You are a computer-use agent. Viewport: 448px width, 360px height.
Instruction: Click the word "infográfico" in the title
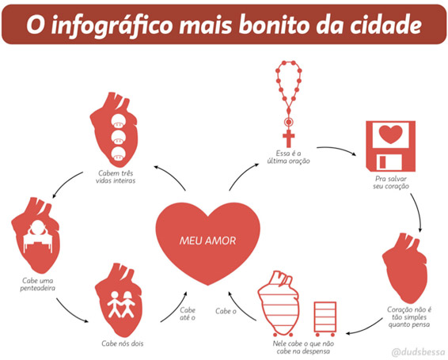(112, 25)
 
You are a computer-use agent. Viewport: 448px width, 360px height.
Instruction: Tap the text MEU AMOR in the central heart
(207, 241)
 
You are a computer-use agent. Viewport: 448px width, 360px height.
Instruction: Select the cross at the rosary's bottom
(289, 138)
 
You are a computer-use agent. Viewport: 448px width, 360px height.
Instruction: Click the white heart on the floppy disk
(390, 135)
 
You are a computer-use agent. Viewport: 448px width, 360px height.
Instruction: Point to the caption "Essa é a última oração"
(289, 157)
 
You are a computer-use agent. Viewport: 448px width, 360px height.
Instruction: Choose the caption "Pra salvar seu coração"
(391, 182)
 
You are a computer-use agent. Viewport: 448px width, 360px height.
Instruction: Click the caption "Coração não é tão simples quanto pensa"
(409, 316)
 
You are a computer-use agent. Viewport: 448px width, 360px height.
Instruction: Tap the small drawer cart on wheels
(325, 319)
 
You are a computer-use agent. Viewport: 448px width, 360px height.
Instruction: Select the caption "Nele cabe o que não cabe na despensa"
(303, 347)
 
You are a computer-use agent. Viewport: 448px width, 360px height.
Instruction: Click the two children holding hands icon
(121, 305)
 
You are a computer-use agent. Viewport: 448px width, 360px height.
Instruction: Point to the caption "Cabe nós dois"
(122, 343)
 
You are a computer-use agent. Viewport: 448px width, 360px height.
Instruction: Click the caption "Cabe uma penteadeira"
(38, 284)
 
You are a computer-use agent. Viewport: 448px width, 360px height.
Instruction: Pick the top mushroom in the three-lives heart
(118, 121)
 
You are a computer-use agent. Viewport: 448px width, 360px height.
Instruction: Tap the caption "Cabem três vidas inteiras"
(116, 177)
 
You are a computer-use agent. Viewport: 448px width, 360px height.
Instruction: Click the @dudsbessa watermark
(418, 352)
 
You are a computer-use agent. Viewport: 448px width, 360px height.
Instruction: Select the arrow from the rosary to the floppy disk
(337, 149)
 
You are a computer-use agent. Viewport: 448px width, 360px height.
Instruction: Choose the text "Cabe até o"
(188, 313)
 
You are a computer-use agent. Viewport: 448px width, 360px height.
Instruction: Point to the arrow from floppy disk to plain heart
(418, 212)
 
